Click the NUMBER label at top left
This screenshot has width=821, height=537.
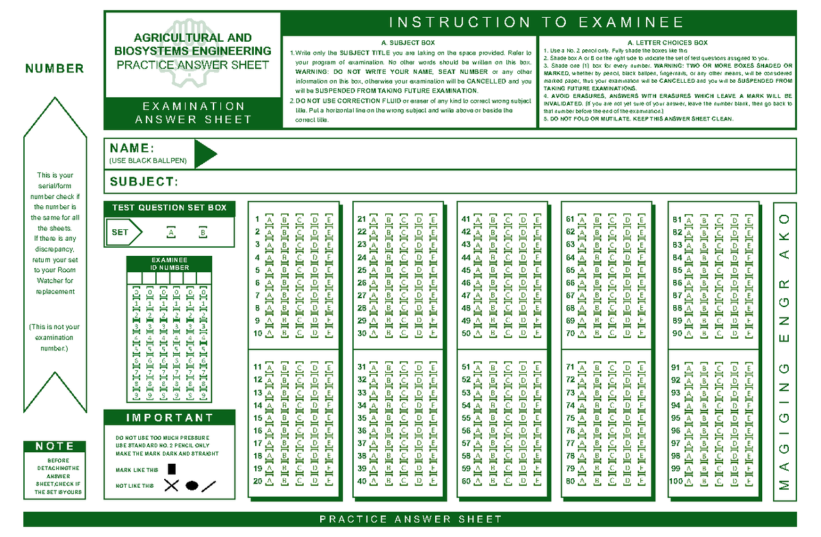click(54, 68)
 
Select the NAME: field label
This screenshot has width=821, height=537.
click(131, 148)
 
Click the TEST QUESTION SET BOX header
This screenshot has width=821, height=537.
click(169, 208)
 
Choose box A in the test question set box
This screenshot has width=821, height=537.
click(169, 233)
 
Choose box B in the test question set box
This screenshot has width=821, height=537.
click(203, 233)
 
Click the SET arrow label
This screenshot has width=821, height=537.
click(122, 233)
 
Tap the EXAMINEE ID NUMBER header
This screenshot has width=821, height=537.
click(169, 264)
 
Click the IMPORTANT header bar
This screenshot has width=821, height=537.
click(169, 418)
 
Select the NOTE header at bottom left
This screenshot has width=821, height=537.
click(55, 446)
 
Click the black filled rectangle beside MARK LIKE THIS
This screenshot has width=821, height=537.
click(172, 469)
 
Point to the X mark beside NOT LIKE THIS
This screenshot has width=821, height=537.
click(171, 486)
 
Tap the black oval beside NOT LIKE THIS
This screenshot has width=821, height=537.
click(192, 486)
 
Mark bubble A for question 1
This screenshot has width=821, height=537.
click(269, 220)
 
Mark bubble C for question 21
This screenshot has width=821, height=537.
click(403, 220)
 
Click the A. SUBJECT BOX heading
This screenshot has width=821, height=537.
click(408, 43)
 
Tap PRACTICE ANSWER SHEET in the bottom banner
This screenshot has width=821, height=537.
click(410, 519)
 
